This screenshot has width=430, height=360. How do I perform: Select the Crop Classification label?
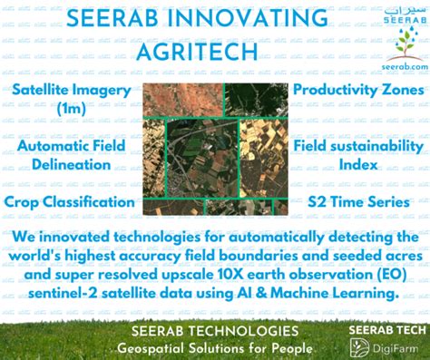click(x=69, y=201)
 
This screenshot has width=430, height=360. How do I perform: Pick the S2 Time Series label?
click(x=358, y=201)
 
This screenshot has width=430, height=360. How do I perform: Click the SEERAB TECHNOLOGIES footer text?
click(x=214, y=331)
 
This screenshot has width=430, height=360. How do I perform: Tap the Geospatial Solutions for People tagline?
click(x=214, y=348)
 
